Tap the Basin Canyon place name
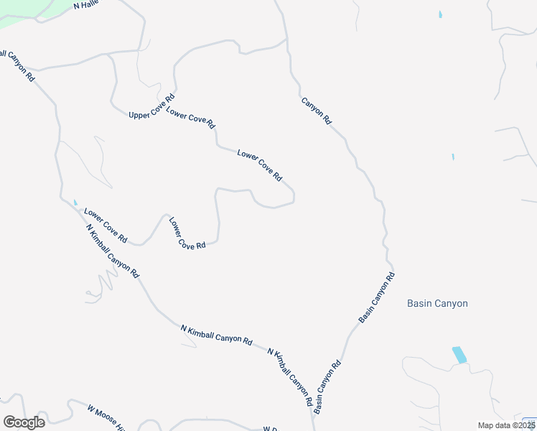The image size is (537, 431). click(437, 303)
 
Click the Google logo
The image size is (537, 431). click(24, 422)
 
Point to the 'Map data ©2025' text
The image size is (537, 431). click(505, 425)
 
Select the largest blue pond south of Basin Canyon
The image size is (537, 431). click(458, 354)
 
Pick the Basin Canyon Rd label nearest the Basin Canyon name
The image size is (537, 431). click(377, 296)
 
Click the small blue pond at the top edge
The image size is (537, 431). click(440, 14)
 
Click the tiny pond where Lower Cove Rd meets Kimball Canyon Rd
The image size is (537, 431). click(75, 202)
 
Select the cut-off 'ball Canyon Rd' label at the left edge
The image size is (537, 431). click(17, 65)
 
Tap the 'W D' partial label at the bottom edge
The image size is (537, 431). click(270, 429)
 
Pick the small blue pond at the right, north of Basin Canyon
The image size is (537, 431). click(452, 157)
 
